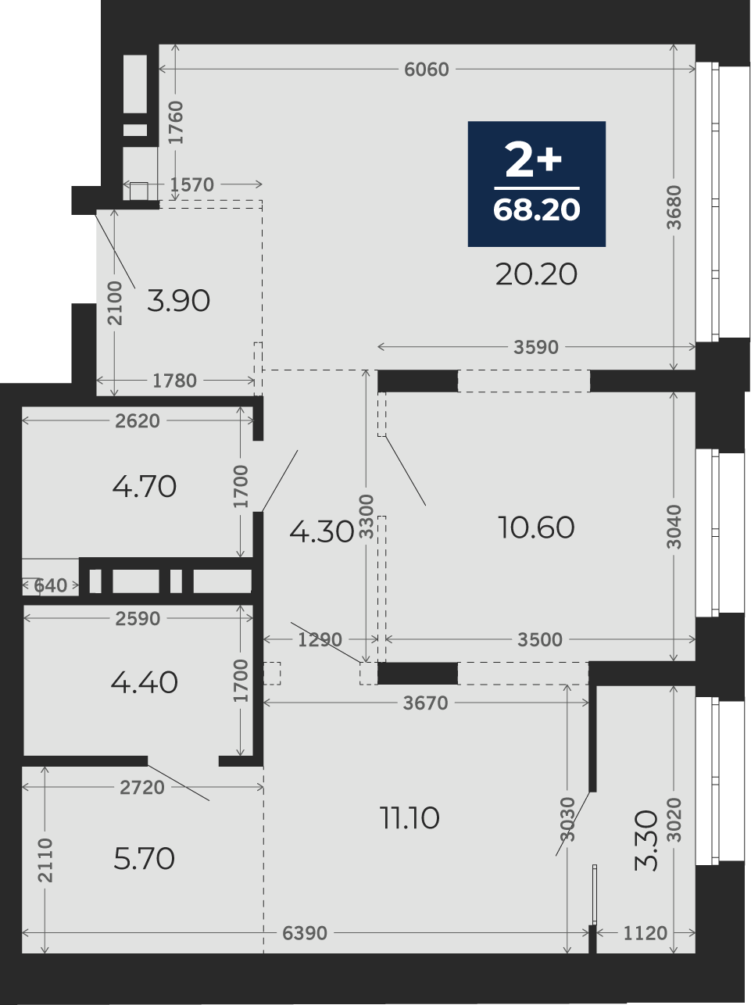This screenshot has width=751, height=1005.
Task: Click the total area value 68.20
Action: pyautogui.click(x=536, y=210)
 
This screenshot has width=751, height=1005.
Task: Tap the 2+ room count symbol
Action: pyautogui.click(x=533, y=159)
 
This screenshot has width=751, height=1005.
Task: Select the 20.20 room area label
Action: pyautogui.click(x=536, y=275)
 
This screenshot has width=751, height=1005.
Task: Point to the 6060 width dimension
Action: pyautogui.click(x=427, y=70)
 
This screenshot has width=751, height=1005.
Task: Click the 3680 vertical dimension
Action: pyautogui.click(x=674, y=207)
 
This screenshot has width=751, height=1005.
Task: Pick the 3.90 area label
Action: pyautogui.click(x=178, y=301)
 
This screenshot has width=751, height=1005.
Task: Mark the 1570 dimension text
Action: pyautogui.click(x=191, y=184)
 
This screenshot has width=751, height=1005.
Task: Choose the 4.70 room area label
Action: pyautogui.click(x=144, y=486)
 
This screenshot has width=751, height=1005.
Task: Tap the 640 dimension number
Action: pyautogui.click(x=50, y=585)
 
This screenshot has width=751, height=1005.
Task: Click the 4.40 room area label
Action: pyautogui.click(x=144, y=683)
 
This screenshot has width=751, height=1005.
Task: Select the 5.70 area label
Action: pyautogui.click(x=144, y=859)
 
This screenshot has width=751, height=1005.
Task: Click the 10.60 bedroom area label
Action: pyautogui.click(x=536, y=528)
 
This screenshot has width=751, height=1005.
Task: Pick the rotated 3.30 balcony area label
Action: pyautogui.click(x=646, y=841)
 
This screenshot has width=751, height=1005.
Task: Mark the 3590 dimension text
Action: pyautogui.click(x=536, y=348)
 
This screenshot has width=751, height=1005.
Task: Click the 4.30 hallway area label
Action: pyautogui.click(x=322, y=532)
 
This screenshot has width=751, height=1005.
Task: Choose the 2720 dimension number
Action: pyautogui.click(x=142, y=788)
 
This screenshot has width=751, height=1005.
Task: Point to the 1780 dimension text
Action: pyautogui.click(x=174, y=381)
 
